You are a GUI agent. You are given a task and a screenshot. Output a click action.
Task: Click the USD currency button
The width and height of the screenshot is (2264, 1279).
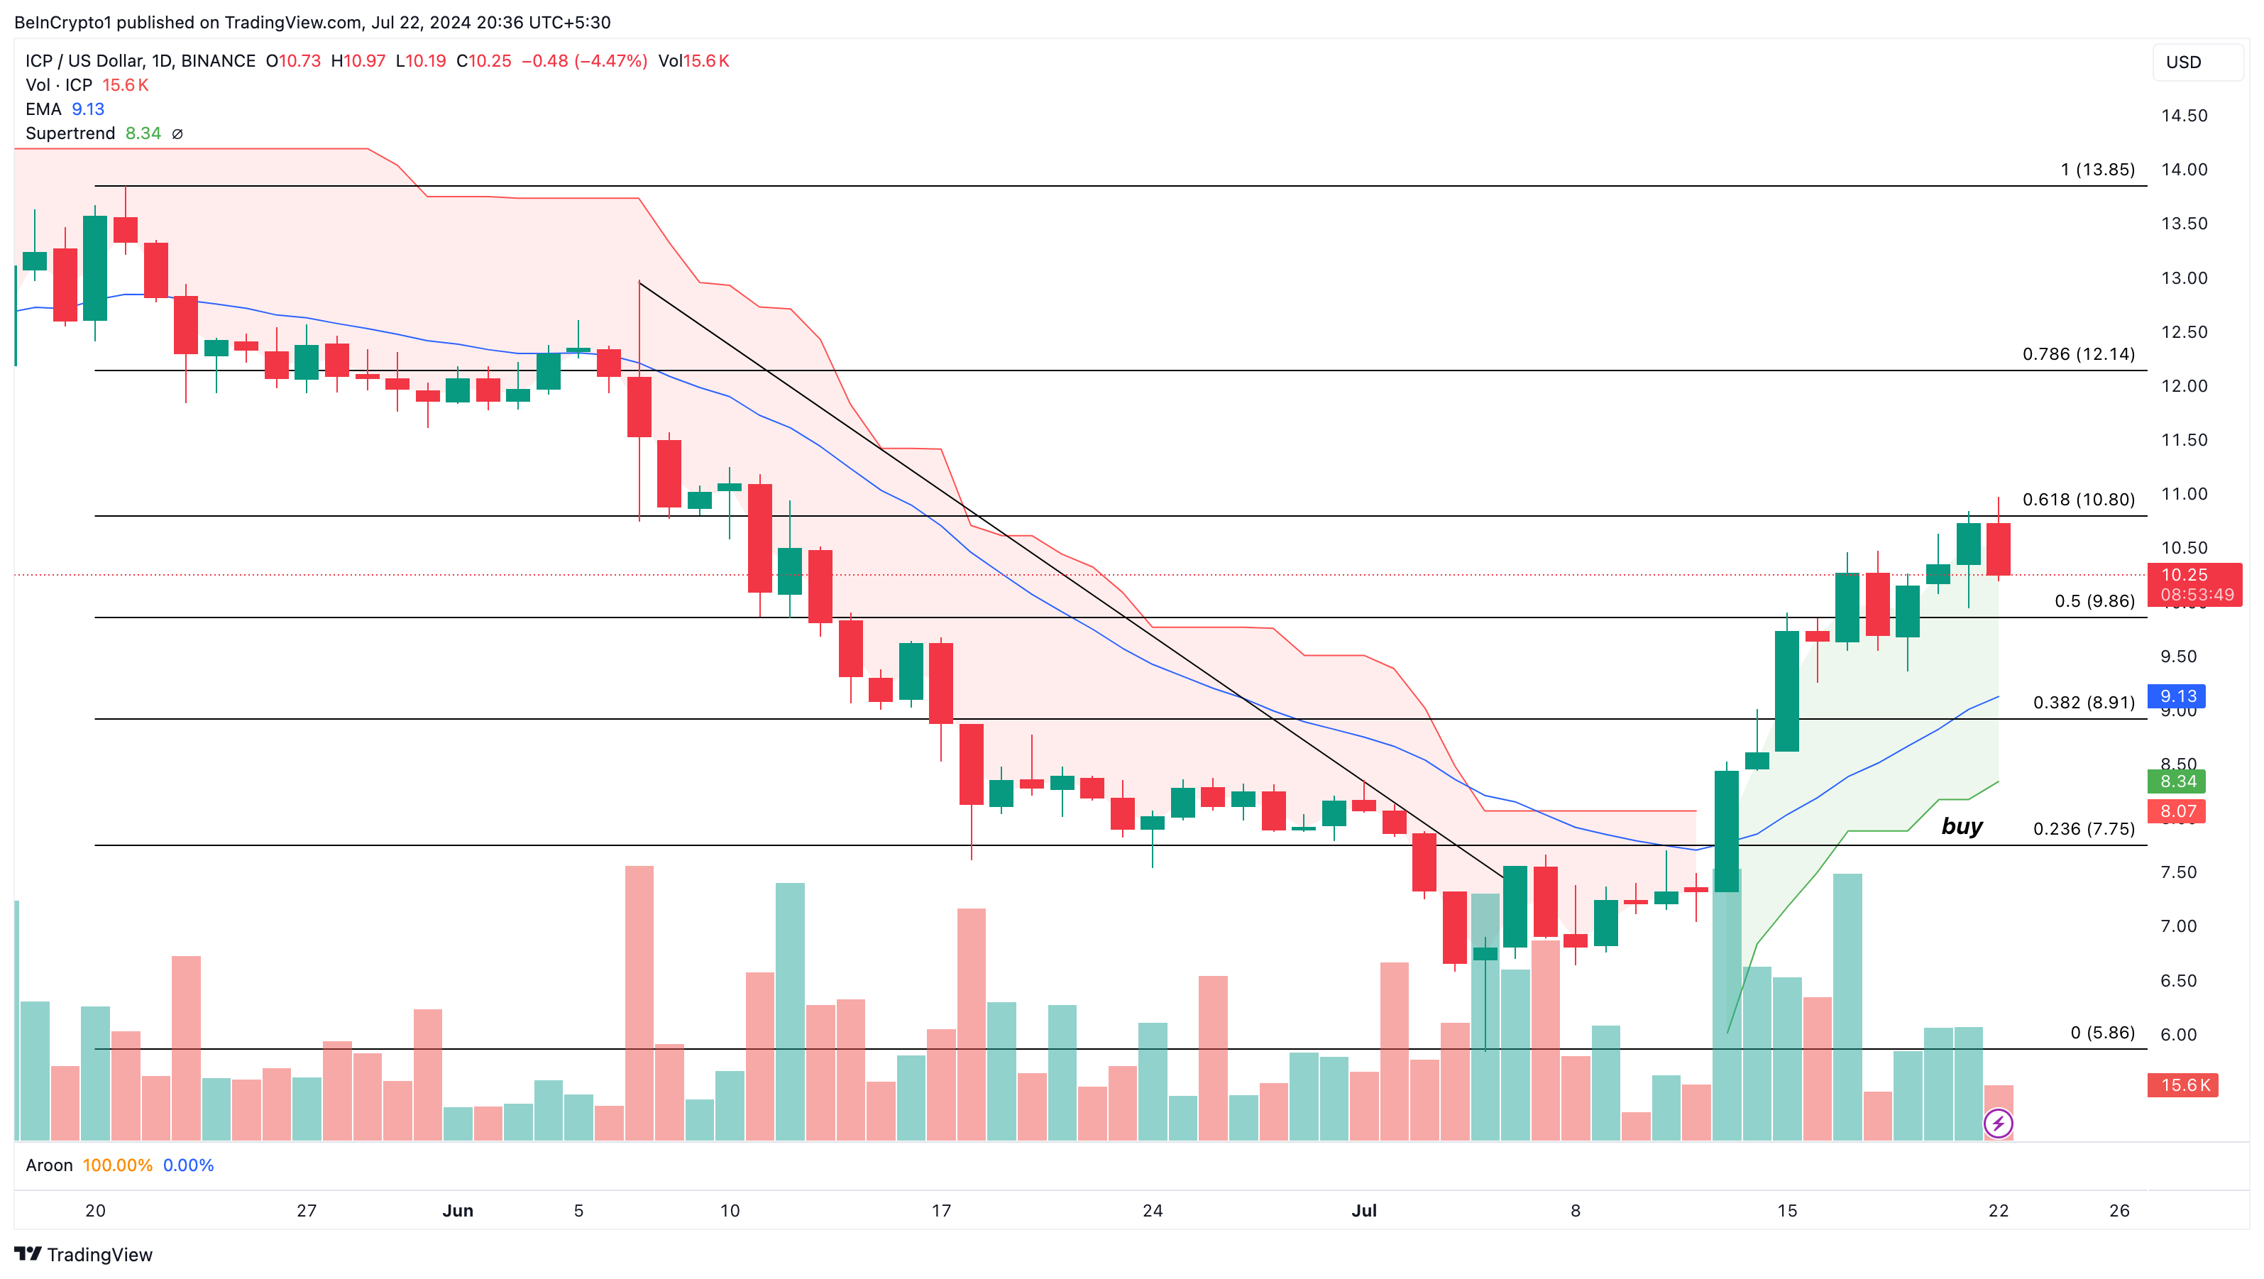[2195, 62]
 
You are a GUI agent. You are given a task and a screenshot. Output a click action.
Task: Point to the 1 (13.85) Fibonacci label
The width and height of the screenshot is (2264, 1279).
[2097, 170]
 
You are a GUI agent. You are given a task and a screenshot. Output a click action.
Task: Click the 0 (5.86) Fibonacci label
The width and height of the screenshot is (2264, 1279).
[2101, 1032]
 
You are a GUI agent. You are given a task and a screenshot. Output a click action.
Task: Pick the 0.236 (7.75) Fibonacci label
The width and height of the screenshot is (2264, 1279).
[2083, 829]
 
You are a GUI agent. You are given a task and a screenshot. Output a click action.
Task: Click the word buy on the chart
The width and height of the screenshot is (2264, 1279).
[1962, 826]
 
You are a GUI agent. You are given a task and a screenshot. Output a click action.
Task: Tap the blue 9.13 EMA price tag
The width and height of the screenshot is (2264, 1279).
[2177, 696]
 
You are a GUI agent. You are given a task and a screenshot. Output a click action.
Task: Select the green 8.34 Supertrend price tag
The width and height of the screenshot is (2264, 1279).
[2177, 781]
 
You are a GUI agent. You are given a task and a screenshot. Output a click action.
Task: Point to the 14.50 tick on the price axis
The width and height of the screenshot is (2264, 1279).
[2184, 116]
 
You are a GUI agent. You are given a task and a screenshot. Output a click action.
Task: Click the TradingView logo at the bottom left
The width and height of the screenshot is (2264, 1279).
[84, 1254]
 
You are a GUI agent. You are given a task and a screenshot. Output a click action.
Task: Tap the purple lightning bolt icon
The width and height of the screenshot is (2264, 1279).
[1998, 1124]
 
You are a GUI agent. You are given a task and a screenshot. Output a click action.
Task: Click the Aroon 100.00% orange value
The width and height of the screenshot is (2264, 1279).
[117, 1165]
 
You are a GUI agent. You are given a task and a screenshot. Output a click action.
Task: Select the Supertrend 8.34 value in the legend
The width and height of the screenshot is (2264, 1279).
[143, 133]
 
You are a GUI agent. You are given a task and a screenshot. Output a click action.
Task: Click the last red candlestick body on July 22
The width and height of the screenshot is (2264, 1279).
[1998, 549]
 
